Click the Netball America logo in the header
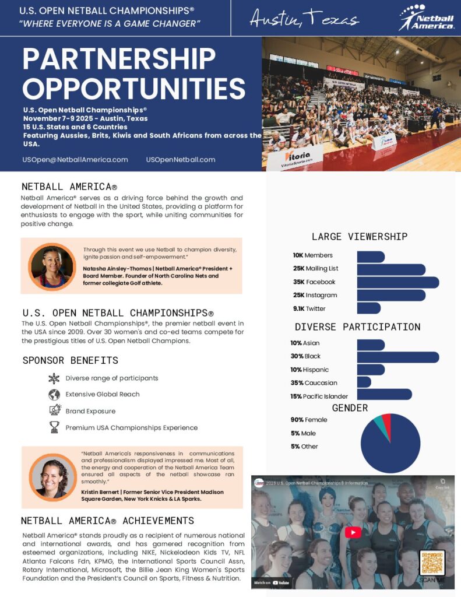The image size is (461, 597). (427, 17)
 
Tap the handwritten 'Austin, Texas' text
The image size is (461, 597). (304, 19)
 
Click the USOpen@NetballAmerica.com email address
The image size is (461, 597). (75, 159)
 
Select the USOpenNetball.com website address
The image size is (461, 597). (181, 159)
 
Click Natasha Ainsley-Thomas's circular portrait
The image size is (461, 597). (52, 266)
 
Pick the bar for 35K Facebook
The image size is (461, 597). (397, 282)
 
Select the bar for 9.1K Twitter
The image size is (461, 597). (368, 308)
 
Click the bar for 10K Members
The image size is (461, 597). (371, 256)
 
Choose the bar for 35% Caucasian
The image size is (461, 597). (364, 382)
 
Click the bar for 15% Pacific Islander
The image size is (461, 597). (384, 395)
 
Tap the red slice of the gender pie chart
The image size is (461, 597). (387, 421)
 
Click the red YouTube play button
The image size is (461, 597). (353, 532)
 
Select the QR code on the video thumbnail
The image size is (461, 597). (432, 563)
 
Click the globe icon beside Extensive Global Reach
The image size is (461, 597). (54, 395)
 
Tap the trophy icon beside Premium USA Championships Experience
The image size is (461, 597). (54, 427)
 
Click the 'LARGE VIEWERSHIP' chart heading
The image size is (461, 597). (360, 236)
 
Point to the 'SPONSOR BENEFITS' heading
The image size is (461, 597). (70, 360)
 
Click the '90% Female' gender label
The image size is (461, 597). (309, 420)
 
